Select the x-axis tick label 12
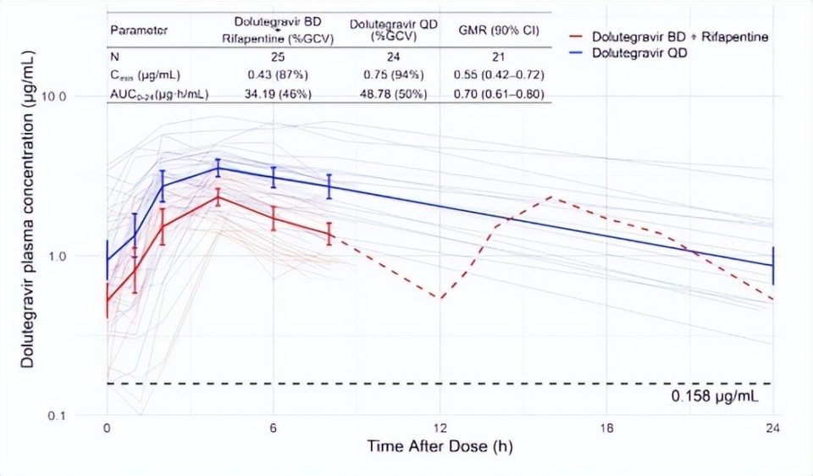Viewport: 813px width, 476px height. pos(440,428)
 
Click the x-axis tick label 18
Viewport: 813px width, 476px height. pos(606,428)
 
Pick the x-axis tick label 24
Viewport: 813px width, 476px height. pos(772,428)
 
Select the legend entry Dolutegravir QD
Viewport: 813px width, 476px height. pos(639,53)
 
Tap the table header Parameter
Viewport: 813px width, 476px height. pos(139,30)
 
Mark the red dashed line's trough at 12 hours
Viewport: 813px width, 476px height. pos(440,298)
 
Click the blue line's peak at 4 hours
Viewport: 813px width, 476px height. pos(218,168)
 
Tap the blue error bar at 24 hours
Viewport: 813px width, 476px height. pos(772,265)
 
